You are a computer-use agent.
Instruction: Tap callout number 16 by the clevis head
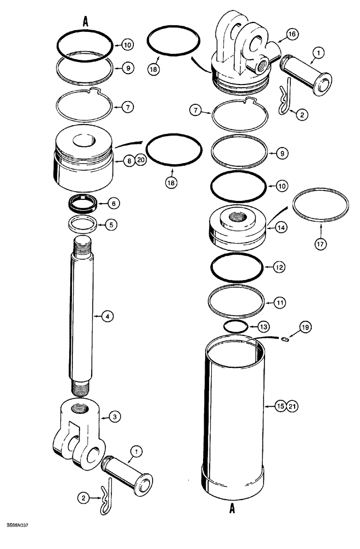291,34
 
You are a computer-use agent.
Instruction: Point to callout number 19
303,328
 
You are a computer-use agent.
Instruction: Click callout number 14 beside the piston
282,226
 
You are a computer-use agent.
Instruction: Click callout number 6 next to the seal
112,203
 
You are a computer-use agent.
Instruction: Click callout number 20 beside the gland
140,161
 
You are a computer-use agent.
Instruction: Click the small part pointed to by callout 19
285,340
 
